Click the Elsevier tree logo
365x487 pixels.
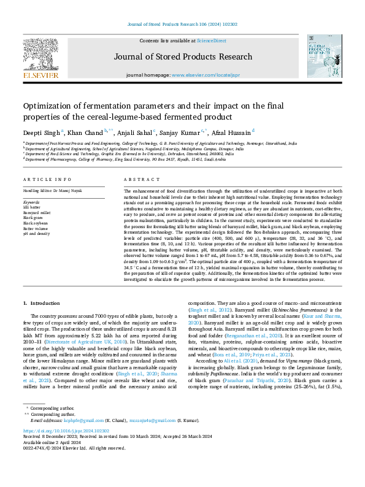click(40, 56)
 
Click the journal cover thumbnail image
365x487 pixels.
click(325, 56)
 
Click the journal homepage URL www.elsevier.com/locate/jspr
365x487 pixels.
click(205, 75)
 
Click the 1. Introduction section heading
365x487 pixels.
click(42, 303)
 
